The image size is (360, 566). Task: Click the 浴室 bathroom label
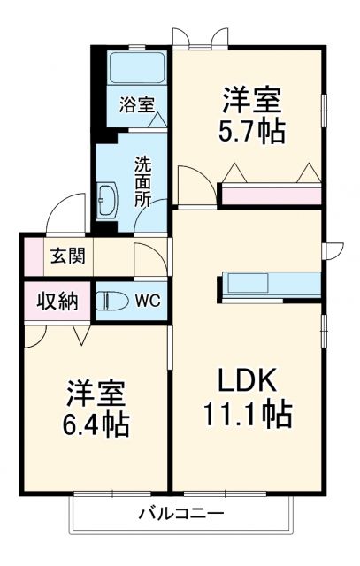(137, 103)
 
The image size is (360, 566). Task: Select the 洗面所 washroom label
(142, 180)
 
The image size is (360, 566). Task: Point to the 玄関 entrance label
(66, 256)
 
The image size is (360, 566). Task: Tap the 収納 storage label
(56, 301)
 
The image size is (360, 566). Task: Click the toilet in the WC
(111, 301)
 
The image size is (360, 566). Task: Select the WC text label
(148, 301)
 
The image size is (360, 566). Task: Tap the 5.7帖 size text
(252, 130)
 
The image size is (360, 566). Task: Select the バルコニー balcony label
(180, 513)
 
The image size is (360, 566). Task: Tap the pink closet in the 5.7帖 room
(270, 195)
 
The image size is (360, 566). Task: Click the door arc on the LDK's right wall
(333, 251)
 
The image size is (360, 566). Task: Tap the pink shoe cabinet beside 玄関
(31, 256)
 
